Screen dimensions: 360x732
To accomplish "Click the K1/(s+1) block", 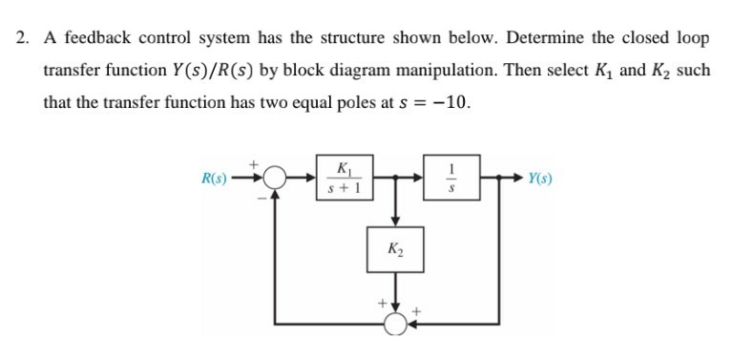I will pyautogui.click(x=342, y=178).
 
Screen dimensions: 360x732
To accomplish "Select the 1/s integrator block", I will pyautogui.click(x=454, y=178).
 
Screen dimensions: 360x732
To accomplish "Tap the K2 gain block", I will pyautogui.click(x=393, y=250).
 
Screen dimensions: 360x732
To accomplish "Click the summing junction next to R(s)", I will pyautogui.click(x=277, y=178).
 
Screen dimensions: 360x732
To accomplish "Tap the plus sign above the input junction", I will pyautogui.click(x=255, y=162).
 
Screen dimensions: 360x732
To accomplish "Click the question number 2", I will pyautogui.click(x=22, y=39).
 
